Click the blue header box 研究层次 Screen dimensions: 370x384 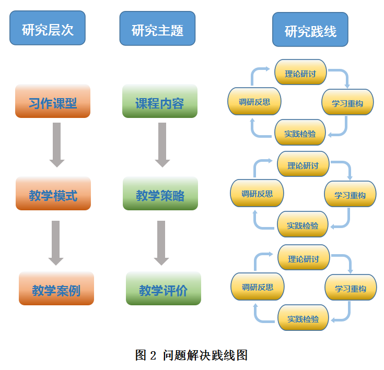pyautogui.click(x=48, y=29)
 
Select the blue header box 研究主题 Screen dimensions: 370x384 pyautogui.click(x=157, y=29)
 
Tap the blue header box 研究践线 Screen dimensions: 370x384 pyautogui.click(x=310, y=30)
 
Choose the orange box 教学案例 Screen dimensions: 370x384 pyautogui.click(x=56, y=289)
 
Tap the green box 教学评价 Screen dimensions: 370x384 pyautogui.click(x=164, y=289)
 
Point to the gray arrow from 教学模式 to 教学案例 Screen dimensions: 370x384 pyautogui.click(x=56, y=242)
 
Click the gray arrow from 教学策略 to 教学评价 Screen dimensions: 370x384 pyautogui.click(x=161, y=242)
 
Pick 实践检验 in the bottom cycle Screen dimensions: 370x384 pyautogui.click(x=303, y=318)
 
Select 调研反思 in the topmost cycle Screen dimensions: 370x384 pyautogui.click(x=254, y=101)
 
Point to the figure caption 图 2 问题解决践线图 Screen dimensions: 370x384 pyautogui.click(x=191, y=355)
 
